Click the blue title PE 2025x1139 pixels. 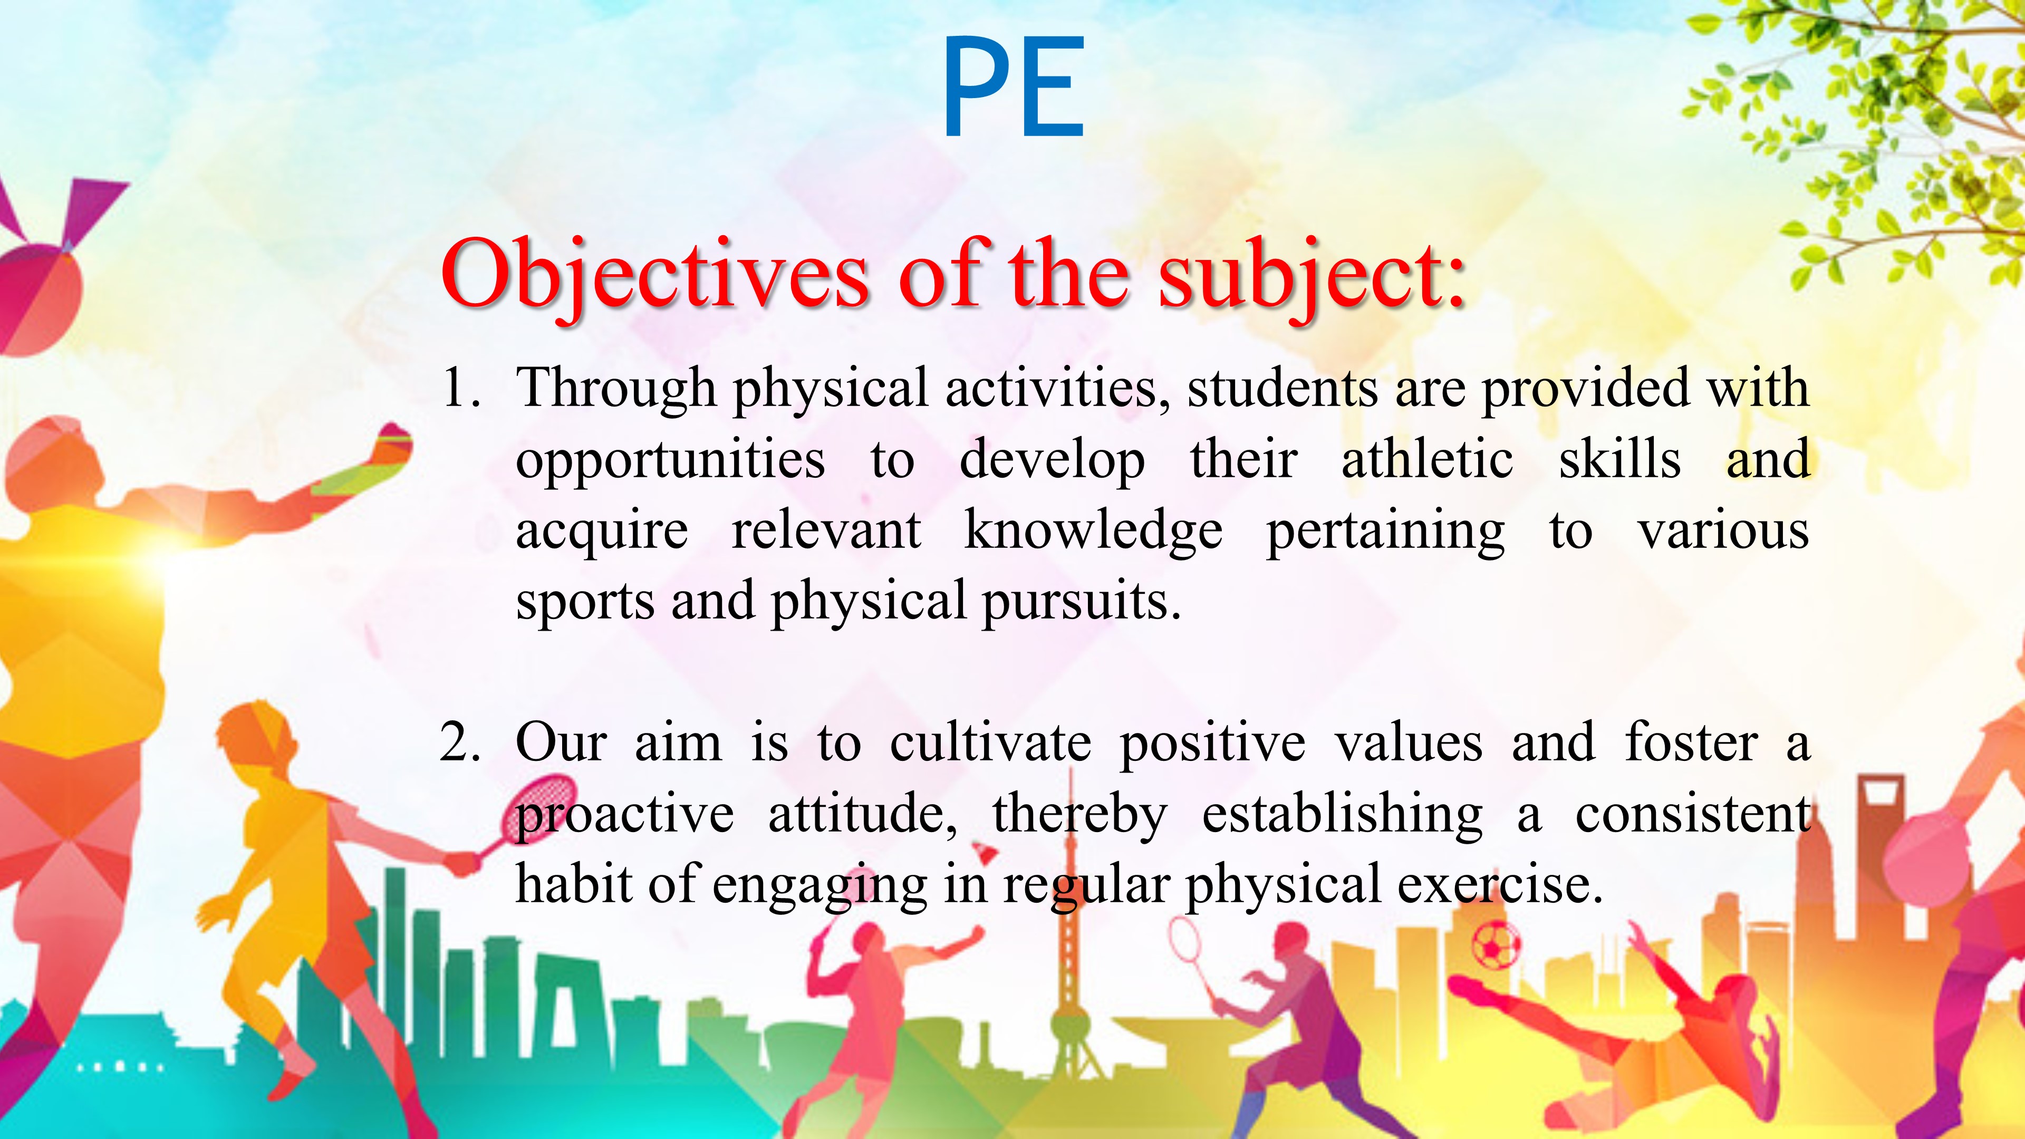(x=1013, y=86)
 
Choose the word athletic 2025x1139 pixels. (x=1427, y=459)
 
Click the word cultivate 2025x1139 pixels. (x=990, y=743)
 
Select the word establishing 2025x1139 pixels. (x=1342, y=815)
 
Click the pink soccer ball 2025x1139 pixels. (x=1496, y=945)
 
